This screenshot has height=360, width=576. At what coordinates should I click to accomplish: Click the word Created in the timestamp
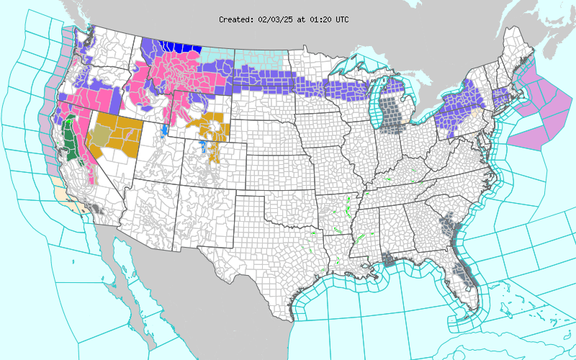click(235, 19)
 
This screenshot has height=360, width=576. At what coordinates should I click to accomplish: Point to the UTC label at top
click(341, 19)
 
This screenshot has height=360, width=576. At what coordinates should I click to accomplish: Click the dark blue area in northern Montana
click(179, 48)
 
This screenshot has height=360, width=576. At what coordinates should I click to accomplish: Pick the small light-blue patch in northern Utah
click(165, 131)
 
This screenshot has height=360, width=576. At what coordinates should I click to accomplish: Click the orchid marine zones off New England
click(536, 108)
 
